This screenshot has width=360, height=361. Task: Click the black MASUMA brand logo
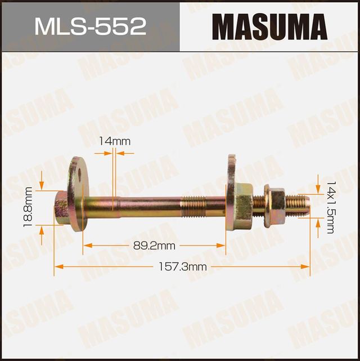[270, 26]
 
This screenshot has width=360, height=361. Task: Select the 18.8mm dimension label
[28, 208]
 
